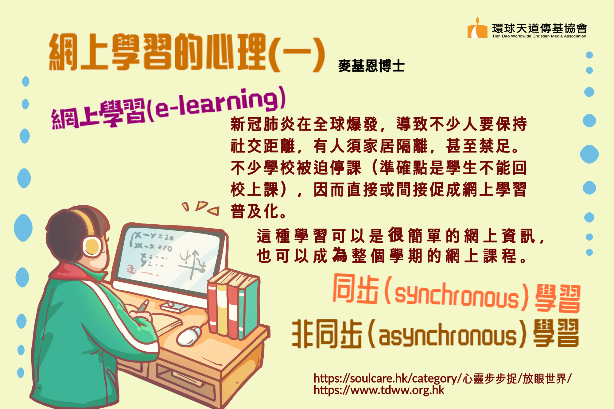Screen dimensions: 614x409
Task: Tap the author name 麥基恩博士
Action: [x=371, y=66]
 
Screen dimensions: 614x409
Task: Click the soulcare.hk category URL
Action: [x=442, y=379]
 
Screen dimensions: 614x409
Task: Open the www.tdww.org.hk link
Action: [x=379, y=390]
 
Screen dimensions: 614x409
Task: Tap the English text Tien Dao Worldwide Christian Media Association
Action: [x=539, y=36]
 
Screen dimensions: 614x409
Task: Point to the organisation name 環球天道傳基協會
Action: [x=539, y=28]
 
